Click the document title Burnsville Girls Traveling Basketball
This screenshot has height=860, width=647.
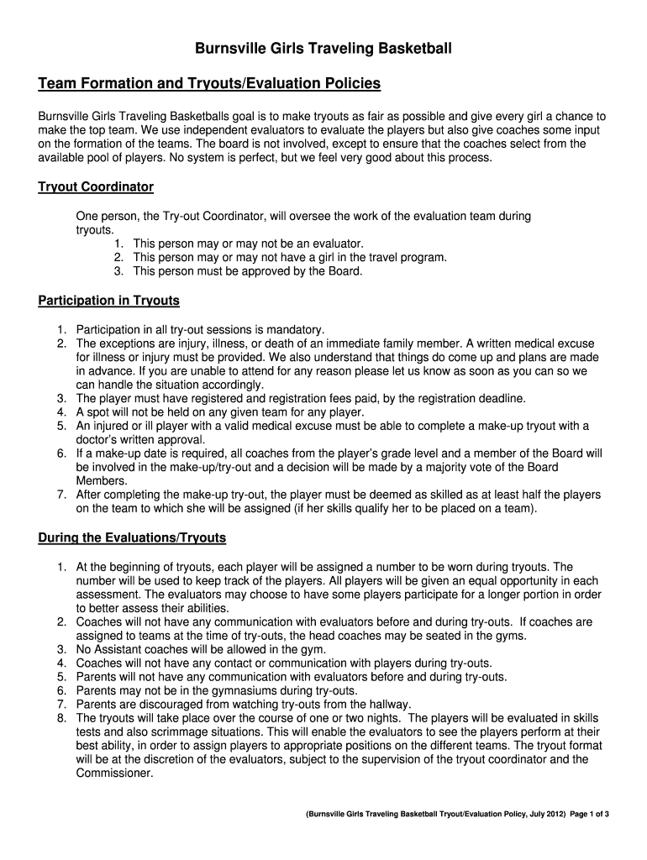(x=323, y=50)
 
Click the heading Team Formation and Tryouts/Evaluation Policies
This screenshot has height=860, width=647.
(x=209, y=84)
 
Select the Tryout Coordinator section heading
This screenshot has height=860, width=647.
(x=96, y=186)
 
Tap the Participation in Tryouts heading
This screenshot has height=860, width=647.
(x=109, y=301)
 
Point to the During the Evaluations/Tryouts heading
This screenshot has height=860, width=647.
(x=132, y=537)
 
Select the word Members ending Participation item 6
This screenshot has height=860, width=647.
(x=101, y=480)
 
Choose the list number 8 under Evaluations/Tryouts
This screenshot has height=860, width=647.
(x=62, y=718)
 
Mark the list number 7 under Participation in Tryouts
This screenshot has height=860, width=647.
(x=62, y=495)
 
